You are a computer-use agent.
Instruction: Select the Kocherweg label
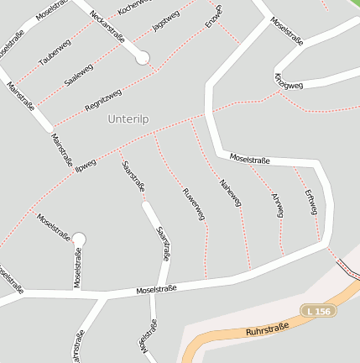coord(135,7)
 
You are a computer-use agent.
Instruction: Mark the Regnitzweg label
coord(103,99)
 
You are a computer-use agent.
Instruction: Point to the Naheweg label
coord(230,192)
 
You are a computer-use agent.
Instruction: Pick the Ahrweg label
coord(277,205)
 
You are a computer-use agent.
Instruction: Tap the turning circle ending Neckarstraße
coord(143,57)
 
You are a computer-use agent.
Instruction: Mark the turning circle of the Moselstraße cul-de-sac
coord(79,239)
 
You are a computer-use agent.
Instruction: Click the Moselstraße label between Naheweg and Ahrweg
coord(249,158)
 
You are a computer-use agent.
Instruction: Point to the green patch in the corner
coord(352,5)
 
